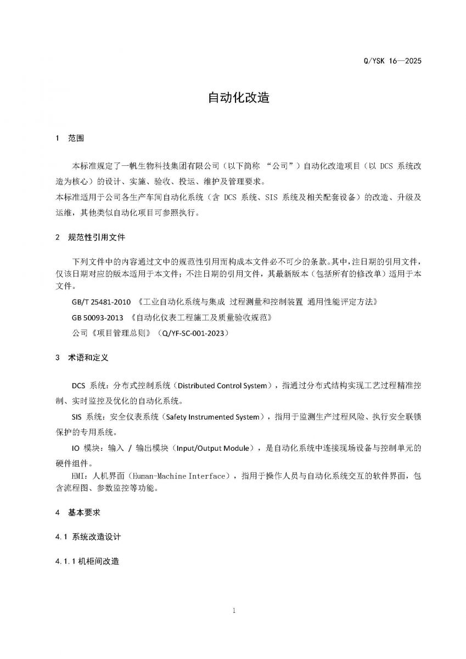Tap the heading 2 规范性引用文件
pos(91,237)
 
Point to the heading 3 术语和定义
pos(82,358)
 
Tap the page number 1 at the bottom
pos(233,611)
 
